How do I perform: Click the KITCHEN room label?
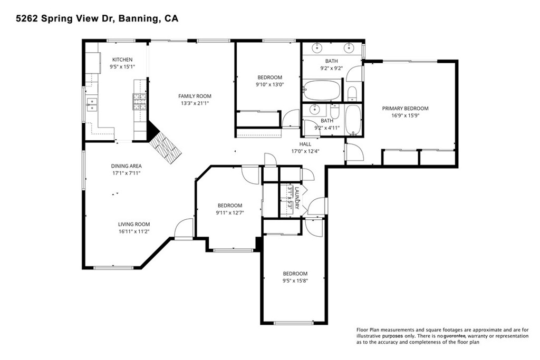pos(122,60)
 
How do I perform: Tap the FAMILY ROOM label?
pos(195,96)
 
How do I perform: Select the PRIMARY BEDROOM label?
pos(405,109)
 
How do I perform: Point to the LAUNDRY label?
pos(297,198)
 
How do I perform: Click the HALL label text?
pos(305,144)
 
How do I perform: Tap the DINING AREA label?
pos(126,166)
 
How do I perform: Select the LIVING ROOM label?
pos(134,224)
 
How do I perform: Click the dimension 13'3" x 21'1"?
pos(195,103)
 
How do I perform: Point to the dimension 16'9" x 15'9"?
pos(405,116)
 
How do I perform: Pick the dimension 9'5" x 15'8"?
pos(295,281)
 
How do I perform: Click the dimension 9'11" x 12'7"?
pos(229,213)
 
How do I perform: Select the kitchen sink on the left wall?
pos(92,104)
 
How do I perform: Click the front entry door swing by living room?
pos(184,228)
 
